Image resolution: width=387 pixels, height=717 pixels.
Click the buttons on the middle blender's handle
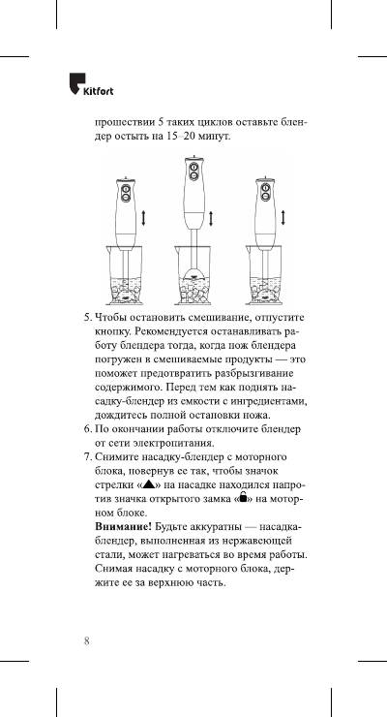(193, 174)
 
